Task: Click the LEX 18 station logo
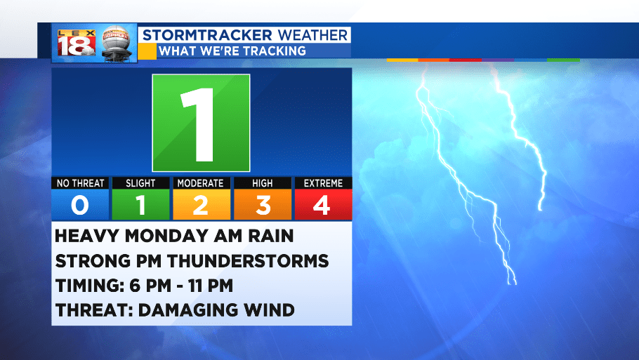pyautogui.click(x=77, y=43)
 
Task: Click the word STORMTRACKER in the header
pyautogui.click(x=207, y=35)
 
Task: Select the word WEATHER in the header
pyautogui.click(x=312, y=35)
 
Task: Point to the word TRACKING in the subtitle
pyautogui.click(x=273, y=51)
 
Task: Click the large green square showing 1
pyautogui.click(x=201, y=123)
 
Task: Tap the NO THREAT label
pyautogui.click(x=80, y=183)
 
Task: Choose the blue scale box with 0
pyautogui.click(x=80, y=204)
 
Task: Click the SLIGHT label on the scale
pyautogui.click(x=140, y=183)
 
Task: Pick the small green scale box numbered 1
pyautogui.click(x=140, y=204)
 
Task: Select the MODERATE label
pyautogui.click(x=201, y=183)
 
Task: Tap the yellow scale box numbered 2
pyautogui.click(x=202, y=204)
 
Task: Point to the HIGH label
pyautogui.click(x=263, y=183)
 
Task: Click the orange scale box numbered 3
pyautogui.click(x=263, y=204)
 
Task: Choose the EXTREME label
pyautogui.click(x=323, y=183)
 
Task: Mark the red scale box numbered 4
pyautogui.click(x=323, y=204)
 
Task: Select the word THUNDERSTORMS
pyautogui.click(x=248, y=261)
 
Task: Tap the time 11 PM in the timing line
pyautogui.click(x=210, y=286)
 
